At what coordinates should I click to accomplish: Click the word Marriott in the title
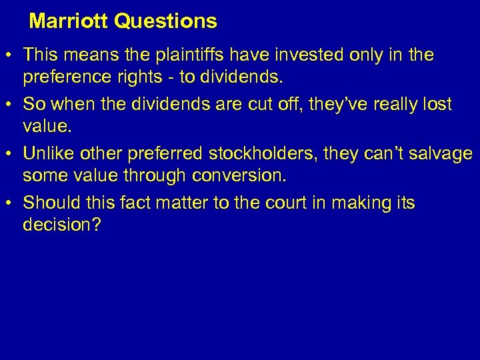[x=69, y=21]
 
